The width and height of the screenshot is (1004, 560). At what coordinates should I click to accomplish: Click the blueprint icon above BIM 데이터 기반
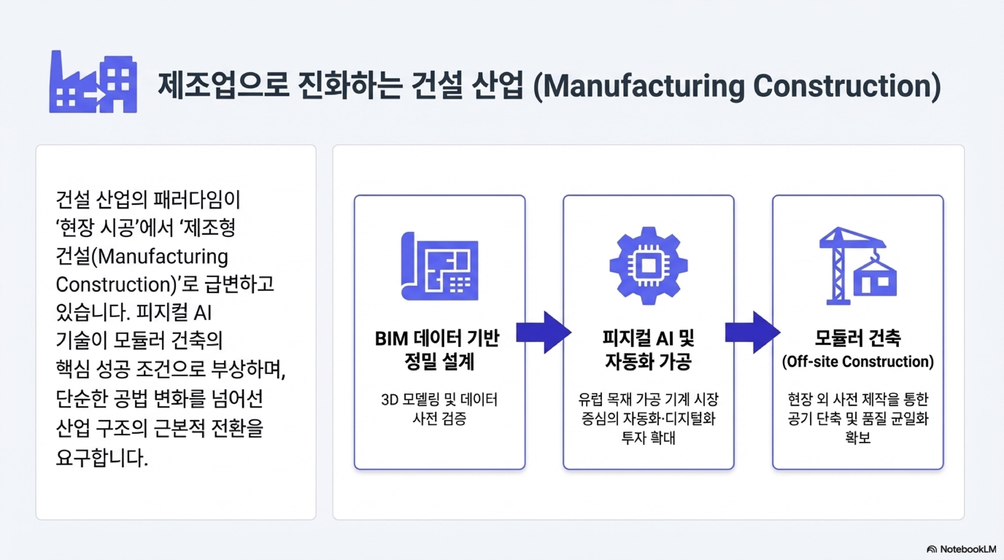point(440,266)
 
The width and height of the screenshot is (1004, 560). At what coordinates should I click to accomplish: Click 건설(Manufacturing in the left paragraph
point(142,257)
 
